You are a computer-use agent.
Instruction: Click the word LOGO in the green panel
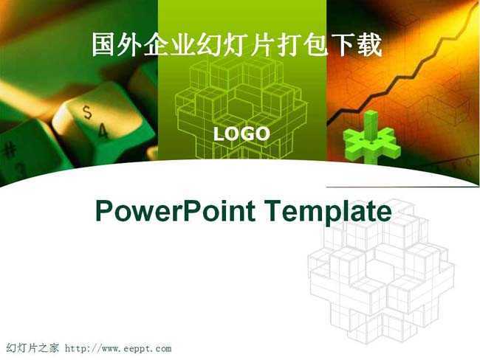(241, 134)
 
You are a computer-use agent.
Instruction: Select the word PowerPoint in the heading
(176, 211)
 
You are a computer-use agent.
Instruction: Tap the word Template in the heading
(327, 211)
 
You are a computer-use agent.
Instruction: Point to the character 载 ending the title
(371, 45)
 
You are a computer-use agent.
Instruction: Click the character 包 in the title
(318, 45)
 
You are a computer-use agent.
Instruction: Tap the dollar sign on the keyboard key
(88, 112)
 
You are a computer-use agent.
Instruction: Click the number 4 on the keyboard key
(103, 131)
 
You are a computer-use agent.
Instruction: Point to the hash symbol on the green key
(11, 150)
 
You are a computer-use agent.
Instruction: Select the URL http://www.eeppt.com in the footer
(118, 348)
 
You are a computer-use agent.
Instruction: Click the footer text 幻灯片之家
(32, 348)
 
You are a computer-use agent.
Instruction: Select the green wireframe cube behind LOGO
(241, 108)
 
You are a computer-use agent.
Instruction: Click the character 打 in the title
(291, 45)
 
